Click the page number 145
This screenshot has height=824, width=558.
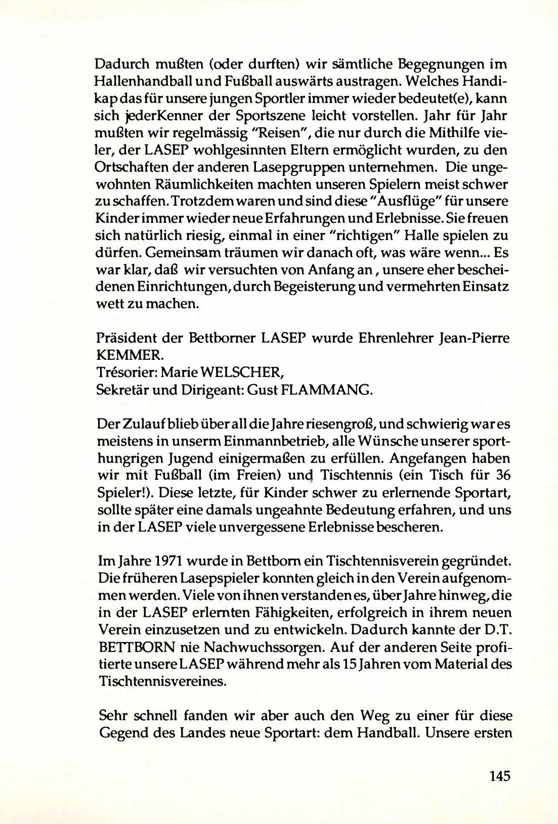click(499, 776)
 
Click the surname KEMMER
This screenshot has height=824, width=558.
click(121, 356)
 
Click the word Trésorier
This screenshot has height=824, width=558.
click(127, 373)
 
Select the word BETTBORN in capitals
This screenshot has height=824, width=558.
click(136, 647)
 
